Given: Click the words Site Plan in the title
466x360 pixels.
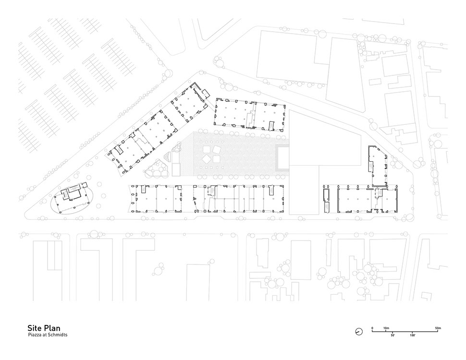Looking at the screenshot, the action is [x=44, y=328].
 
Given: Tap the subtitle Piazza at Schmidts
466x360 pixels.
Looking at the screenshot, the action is [x=48, y=335].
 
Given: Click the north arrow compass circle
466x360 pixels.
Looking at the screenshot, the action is [x=359, y=332].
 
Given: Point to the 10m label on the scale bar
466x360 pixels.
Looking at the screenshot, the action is [x=386, y=328].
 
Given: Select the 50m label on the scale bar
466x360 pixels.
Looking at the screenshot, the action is [x=438, y=328].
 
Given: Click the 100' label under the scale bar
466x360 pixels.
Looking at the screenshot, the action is [x=413, y=335].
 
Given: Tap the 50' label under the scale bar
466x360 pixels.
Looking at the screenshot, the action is [x=392, y=335].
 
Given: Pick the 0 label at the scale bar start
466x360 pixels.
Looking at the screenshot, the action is [x=372, y=328].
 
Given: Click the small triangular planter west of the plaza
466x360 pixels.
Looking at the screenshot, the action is [x=168, y=158].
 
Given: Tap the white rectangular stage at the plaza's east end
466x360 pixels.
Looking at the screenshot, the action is [x=283, y=157].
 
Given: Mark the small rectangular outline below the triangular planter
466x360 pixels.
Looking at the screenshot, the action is [x=176, y=169].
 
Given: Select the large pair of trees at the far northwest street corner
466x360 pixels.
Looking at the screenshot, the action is [x=167, y=74].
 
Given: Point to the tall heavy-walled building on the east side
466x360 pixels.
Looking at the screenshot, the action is [x=379, y=167].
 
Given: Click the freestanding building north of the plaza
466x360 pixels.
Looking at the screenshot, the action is [x=250, y=115].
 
